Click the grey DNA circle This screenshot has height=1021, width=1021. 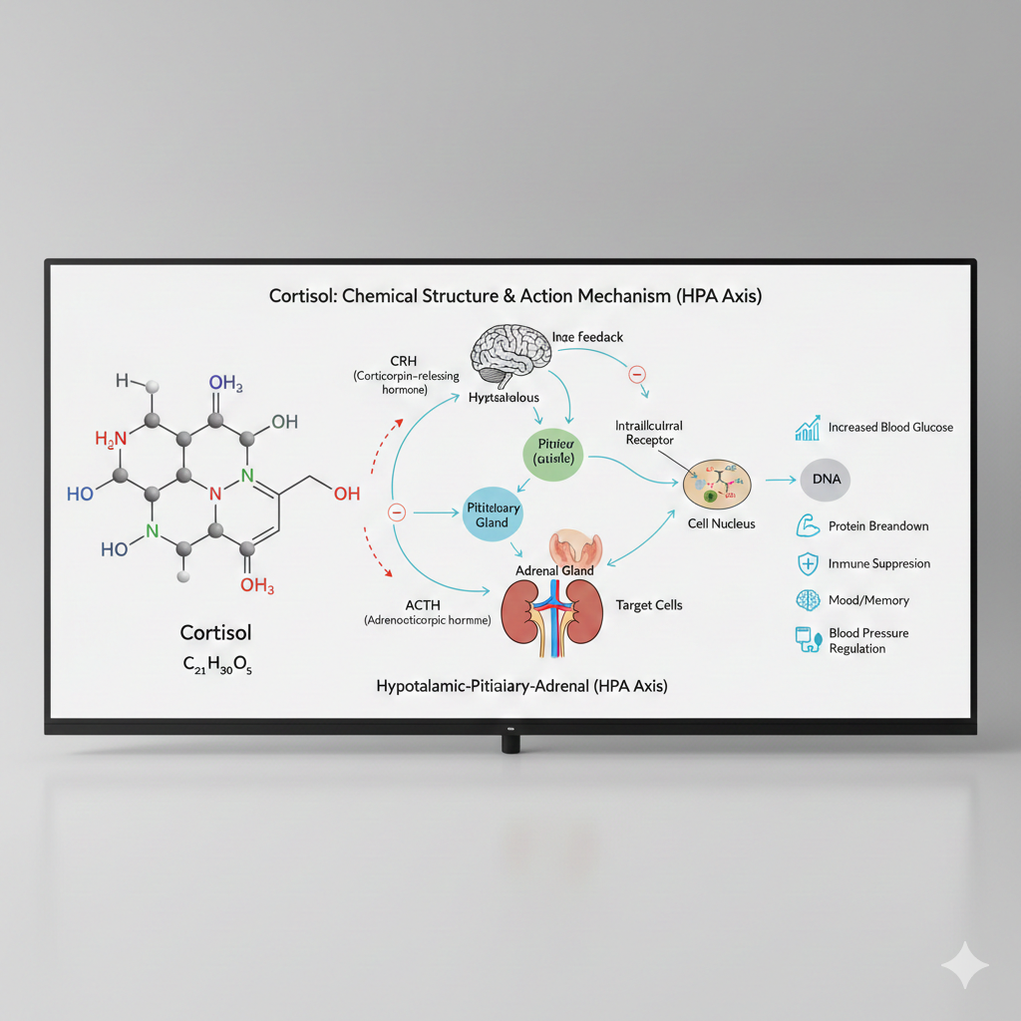[826, 480]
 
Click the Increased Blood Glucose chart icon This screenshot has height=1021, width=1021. [807, 428]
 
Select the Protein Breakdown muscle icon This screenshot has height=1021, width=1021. [807, 525]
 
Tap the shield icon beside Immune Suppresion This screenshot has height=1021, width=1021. [807, 563]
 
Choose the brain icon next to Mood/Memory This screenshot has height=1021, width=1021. [807, 600]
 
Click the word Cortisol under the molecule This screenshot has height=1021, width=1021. [216, 632]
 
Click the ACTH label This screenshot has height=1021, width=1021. [423, 604]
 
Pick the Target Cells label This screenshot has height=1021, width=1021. [649, 605]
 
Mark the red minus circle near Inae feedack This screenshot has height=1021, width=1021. [637, 374]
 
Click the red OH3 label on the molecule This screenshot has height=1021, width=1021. [256, 586]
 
